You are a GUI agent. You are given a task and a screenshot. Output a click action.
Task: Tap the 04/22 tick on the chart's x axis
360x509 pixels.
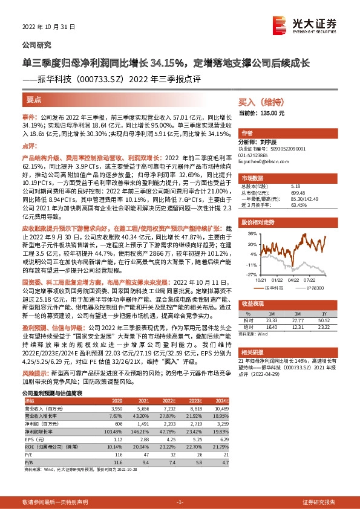(293, 279)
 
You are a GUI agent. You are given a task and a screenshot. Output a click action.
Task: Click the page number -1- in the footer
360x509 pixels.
(180, 502)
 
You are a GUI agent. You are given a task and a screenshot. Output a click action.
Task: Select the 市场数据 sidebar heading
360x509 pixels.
(252, 178)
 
